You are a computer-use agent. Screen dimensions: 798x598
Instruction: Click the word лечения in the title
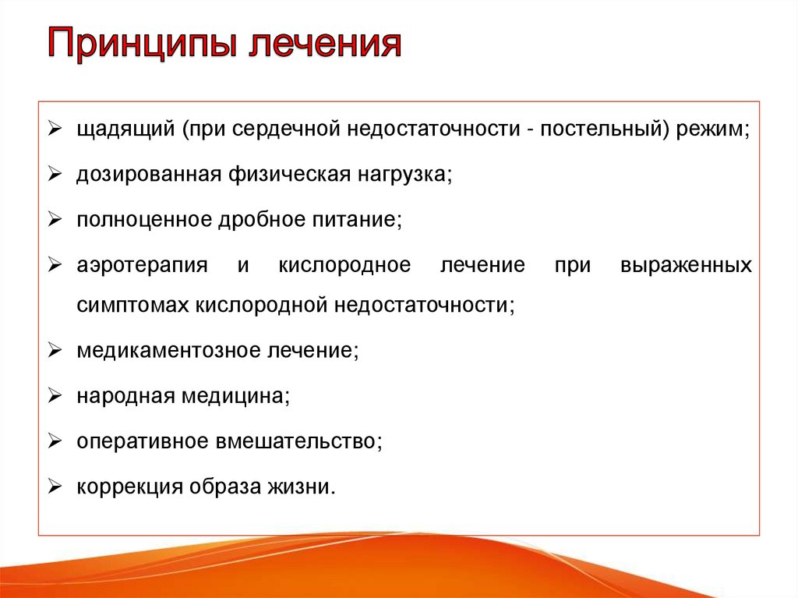(x=326, y=43)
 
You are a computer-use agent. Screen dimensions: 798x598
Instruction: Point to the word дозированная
(x=149, y=175)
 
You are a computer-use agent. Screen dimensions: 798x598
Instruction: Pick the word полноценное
(x=144, y=220)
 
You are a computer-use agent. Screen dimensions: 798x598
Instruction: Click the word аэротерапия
(x=142, y=266)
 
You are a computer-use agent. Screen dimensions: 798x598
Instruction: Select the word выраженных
(x=686, y=266)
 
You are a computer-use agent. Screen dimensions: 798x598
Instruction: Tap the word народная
(x=125, y=397)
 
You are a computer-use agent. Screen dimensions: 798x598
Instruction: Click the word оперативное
(x=143, y=442)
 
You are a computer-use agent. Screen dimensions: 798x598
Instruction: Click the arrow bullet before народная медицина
(x=55, y=396)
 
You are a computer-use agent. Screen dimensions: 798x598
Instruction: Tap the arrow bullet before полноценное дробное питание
(x=55, y=219)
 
